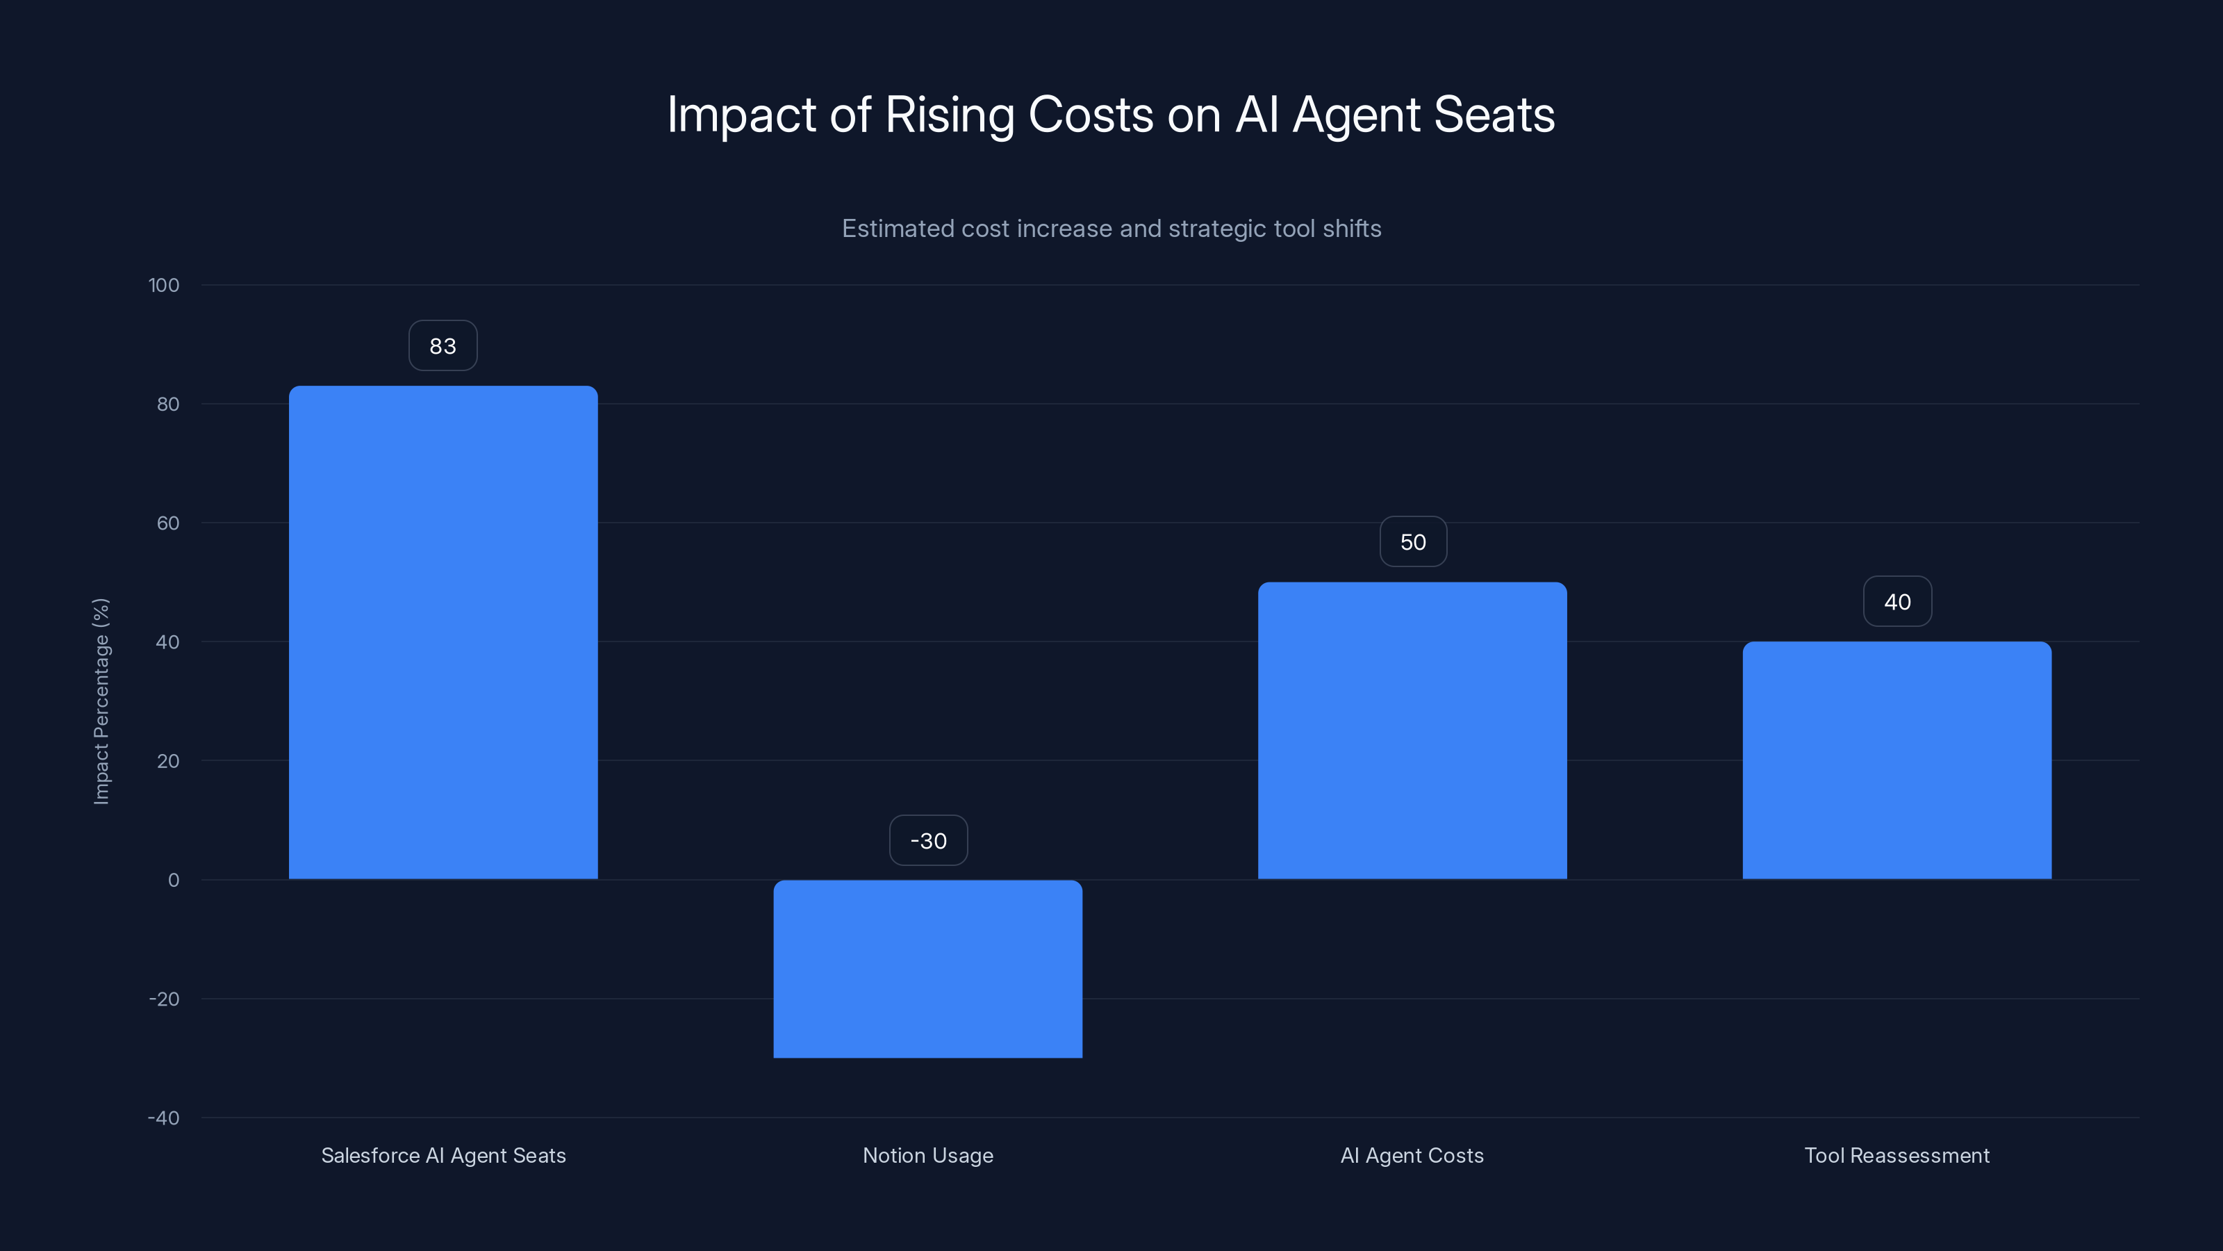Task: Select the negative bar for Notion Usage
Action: (927, 969)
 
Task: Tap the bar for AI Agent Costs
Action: (1412, 730)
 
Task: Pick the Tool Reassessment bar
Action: (1896, 760)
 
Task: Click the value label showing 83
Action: (443, 346)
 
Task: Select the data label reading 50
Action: (1413, 542)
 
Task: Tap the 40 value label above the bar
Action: (1896, 602)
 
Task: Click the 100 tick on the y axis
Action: (164, 285)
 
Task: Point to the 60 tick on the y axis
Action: (168, 523)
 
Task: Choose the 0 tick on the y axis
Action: (174, 880)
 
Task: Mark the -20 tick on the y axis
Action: (164, 999)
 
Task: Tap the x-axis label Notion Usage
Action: (927, 1155)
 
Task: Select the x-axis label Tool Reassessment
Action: (1896, 1155)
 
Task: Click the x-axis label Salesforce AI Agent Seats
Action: (443, 1155)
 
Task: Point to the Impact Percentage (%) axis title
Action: (101, 701)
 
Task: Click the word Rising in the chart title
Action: (949, 115)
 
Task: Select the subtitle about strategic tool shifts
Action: (1111, 229)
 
